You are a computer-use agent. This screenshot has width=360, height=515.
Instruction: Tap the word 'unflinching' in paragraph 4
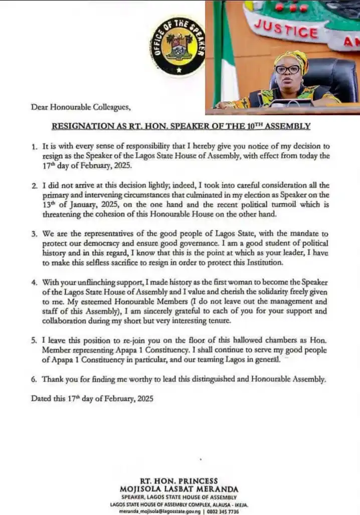coord(96,283)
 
